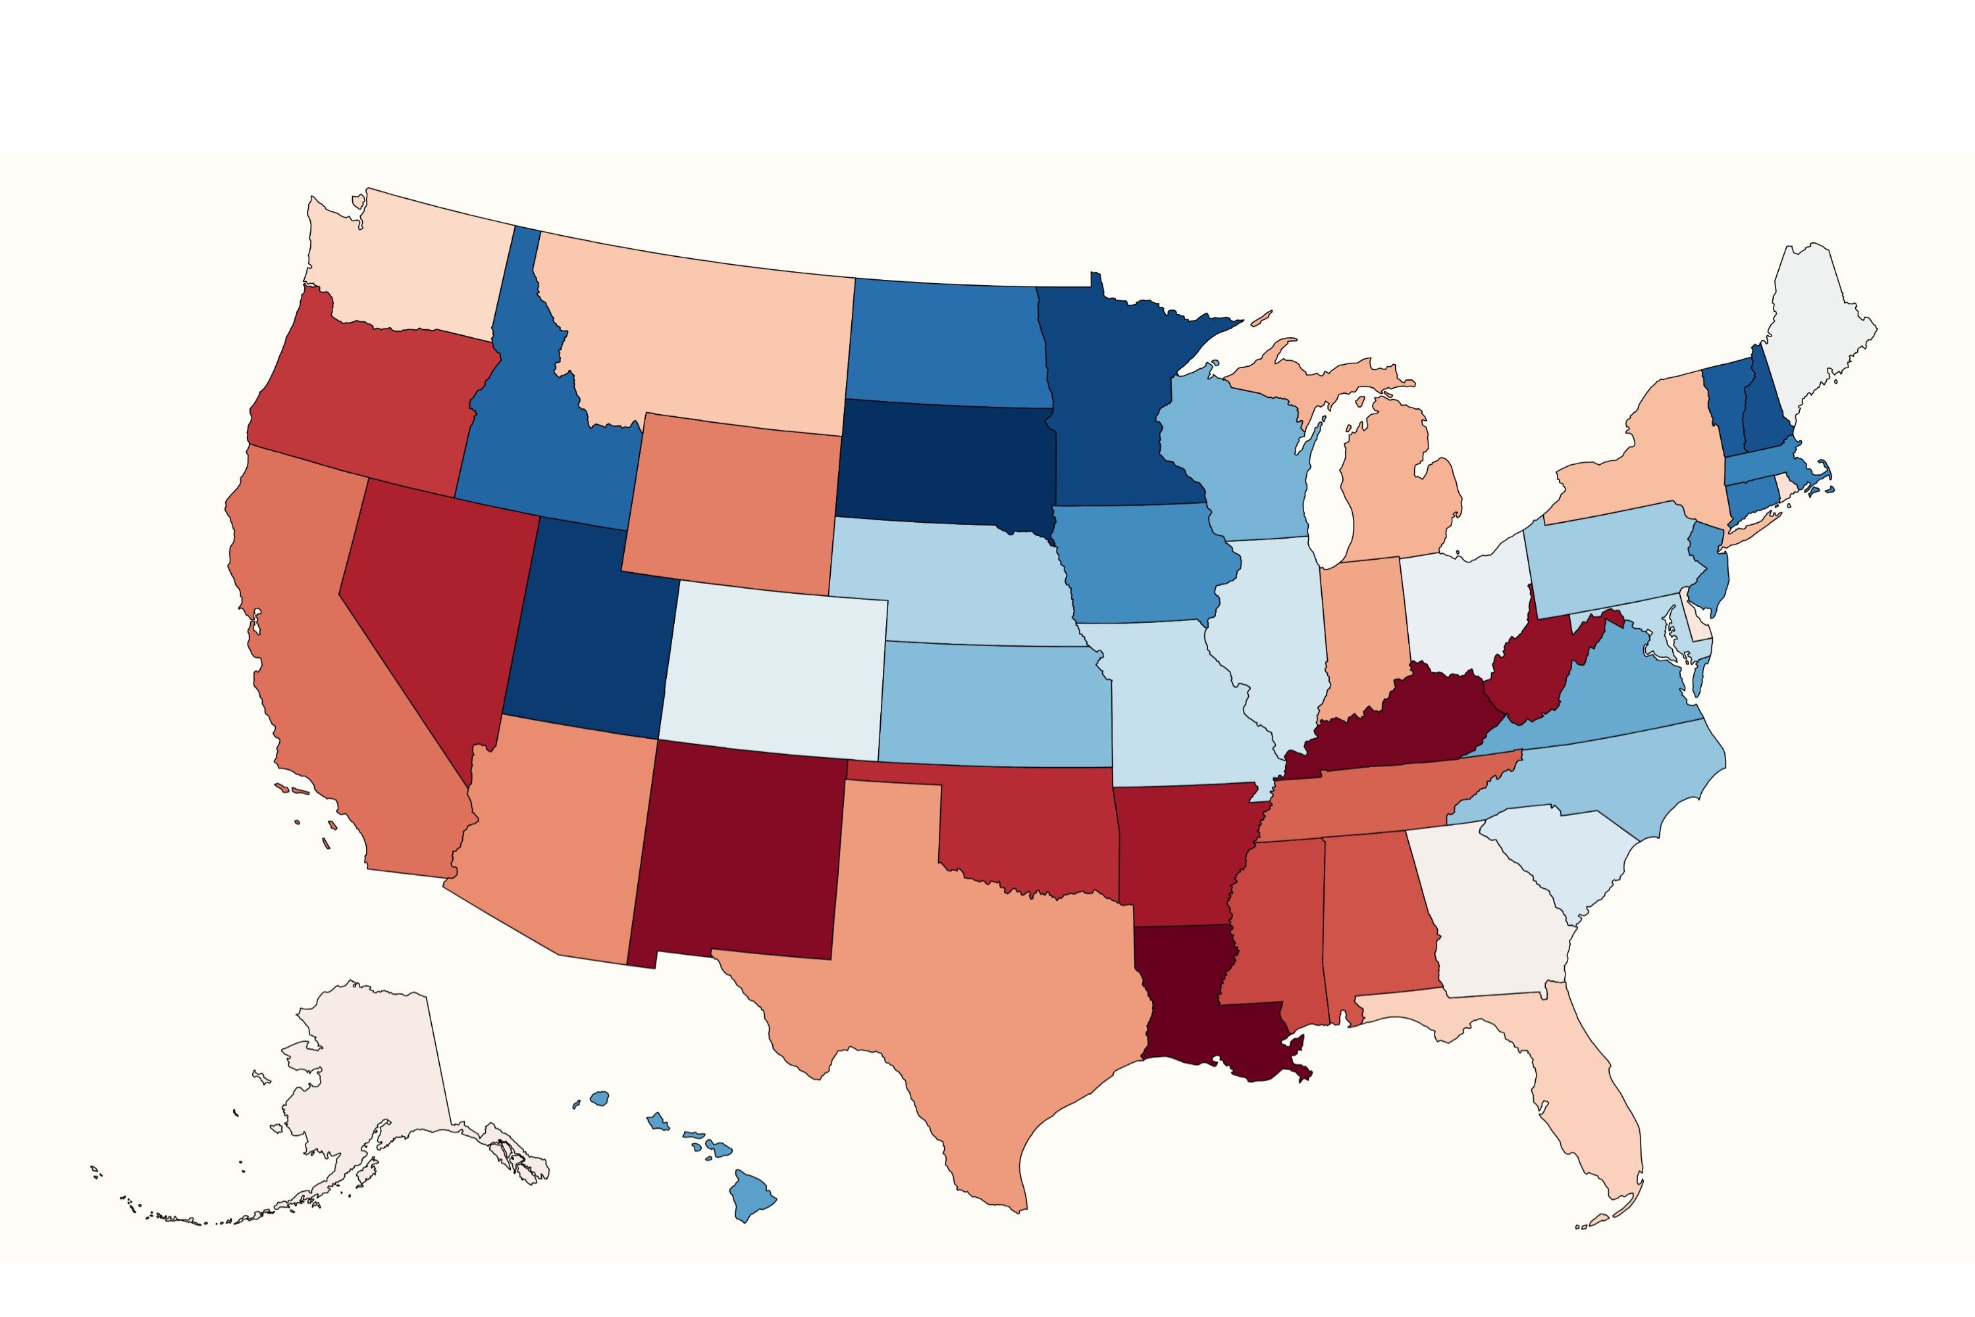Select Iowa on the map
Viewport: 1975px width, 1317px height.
tap(1142, 563)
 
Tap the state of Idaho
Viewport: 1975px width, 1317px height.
tap(537, 420)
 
